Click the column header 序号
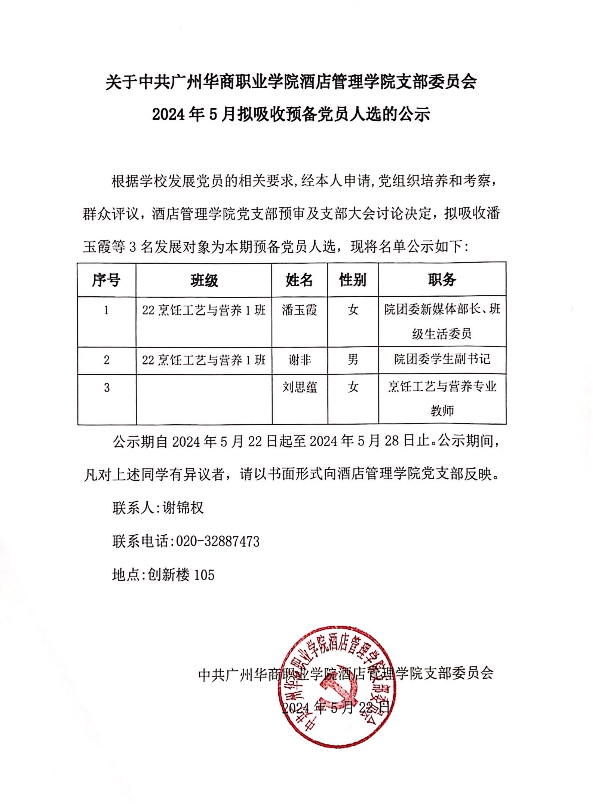[x=107, y=280]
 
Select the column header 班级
[x=204, y=280]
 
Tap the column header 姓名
[x=300, y=280]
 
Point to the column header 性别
[x=353, y=280]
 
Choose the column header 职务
[x=442, y=280]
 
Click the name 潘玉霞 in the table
[x=300, y=310]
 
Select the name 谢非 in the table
[x=300, y=360]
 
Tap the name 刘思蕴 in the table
[x=300, y=387]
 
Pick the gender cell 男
[x=353, y=360]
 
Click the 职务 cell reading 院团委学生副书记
[x=442, y=360]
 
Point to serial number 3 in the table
[x=107, y=387]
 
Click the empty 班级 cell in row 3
[x=204, y=399]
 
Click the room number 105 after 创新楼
[x=204, y=575]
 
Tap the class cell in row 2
[x=204, y=360]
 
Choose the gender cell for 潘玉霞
[x=353, y=310]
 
